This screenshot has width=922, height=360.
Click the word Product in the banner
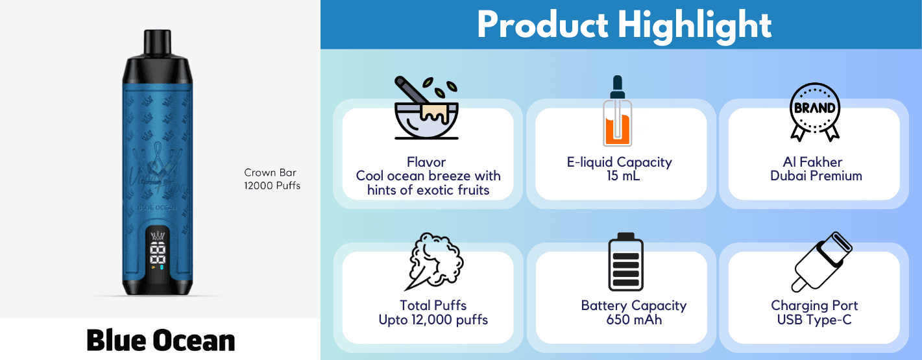pyautogui.click(x=542, y=25)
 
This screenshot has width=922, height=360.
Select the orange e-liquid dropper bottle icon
pyautogui.click(x=618, y=111)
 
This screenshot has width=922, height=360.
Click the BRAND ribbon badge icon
pyautogui.click(x=814, y=112)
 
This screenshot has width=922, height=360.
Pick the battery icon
pyautogui.click(x=625, y=261)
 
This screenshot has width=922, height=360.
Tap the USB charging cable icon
pyautogui.click(x=821, y=262)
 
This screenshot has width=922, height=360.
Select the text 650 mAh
pyautogui.click(x=634, y=320)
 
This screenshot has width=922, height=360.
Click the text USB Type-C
pyautogui.click(x=814, y=320)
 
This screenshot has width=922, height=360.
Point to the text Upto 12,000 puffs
pyautogui.click(x=433, y=320)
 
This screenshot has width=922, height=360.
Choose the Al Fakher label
pyautogui.click(x=812, y=162)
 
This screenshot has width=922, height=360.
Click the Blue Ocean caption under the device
pyautogui.click(x=160, y=341)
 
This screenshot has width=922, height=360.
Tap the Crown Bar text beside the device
pyautogui.click(x=270, y=173)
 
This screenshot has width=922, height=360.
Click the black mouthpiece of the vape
pyautogui.click(x=157, y=42)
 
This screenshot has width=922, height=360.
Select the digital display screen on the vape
pyautogui.click(x=158, y=250)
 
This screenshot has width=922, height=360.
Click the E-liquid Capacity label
pyautogui.click(x=619, y=163)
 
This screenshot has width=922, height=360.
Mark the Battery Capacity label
pyautogui.click(x=633, y=306)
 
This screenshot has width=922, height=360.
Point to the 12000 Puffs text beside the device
pyautogui.click(x=272, y=186)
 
